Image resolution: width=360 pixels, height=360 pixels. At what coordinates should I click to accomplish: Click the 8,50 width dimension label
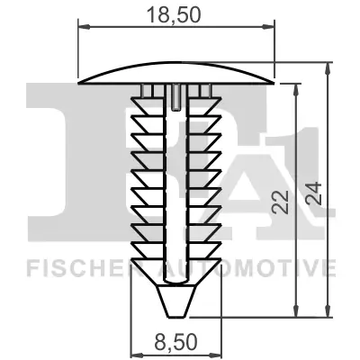point(176,342)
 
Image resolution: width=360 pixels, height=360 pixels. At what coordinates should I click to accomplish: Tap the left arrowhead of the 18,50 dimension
point(85,27)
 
